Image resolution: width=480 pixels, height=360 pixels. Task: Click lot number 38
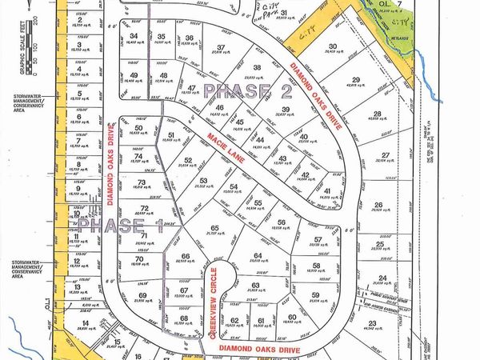pos(257,67)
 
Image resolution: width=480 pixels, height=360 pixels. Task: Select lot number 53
pos(203,180)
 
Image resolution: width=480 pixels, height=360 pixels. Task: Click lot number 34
pos(134,36)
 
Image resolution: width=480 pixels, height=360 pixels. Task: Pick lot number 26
pos(378,205)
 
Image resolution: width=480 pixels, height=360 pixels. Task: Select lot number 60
pos(292,317)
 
